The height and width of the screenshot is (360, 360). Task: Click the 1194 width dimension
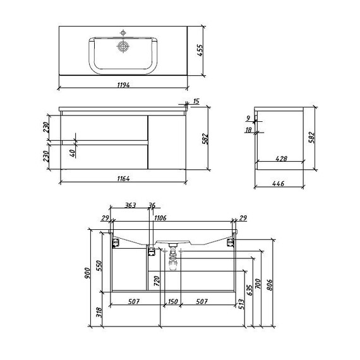tap(124, 85)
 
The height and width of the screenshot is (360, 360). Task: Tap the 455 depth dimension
tap(200, 51)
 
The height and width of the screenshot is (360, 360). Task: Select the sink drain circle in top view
tap(123, 46)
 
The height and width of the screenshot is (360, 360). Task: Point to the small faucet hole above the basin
tap(123, 33)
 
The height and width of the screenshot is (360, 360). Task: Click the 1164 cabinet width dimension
tap(124, 178)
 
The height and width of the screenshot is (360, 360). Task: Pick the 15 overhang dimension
tap(196, 101)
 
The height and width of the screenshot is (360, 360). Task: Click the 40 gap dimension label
tap(72, 153)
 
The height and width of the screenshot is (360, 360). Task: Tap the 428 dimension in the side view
tap(281, 159)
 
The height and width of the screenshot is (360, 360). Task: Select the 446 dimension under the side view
tap(279, 183)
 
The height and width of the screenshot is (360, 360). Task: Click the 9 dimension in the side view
tap(248, 119)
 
